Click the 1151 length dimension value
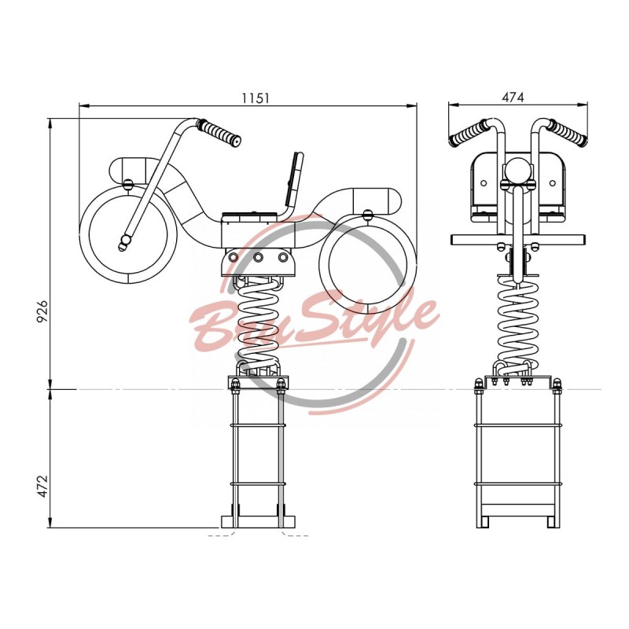click(x=255, y=98)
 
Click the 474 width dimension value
click(x=513, y=97)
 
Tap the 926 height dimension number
click(x=42, y=311)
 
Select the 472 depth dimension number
click(x=42, y=486)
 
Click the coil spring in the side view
click(x=258, y=326)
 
